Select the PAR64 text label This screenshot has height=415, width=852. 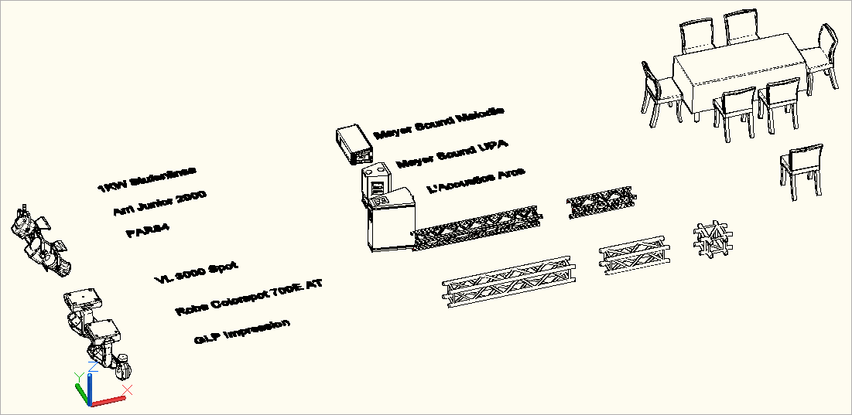[147, 231]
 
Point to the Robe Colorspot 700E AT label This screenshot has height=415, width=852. [248, 297]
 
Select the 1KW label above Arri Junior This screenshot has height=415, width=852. [147, 179]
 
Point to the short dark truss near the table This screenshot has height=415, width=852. [603, 202]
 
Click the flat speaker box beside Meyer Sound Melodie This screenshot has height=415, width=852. [354, 144]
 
